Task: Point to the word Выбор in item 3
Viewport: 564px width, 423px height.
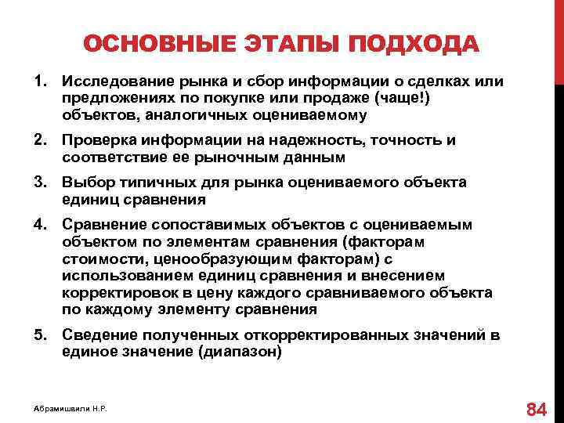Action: (x=85, y=183)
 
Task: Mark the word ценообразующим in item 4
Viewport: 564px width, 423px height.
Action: (x=205, y=259)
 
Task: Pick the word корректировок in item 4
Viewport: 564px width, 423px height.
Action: (x=117, y=292)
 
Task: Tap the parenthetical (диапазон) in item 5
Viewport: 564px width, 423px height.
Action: (x=240, y=352)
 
